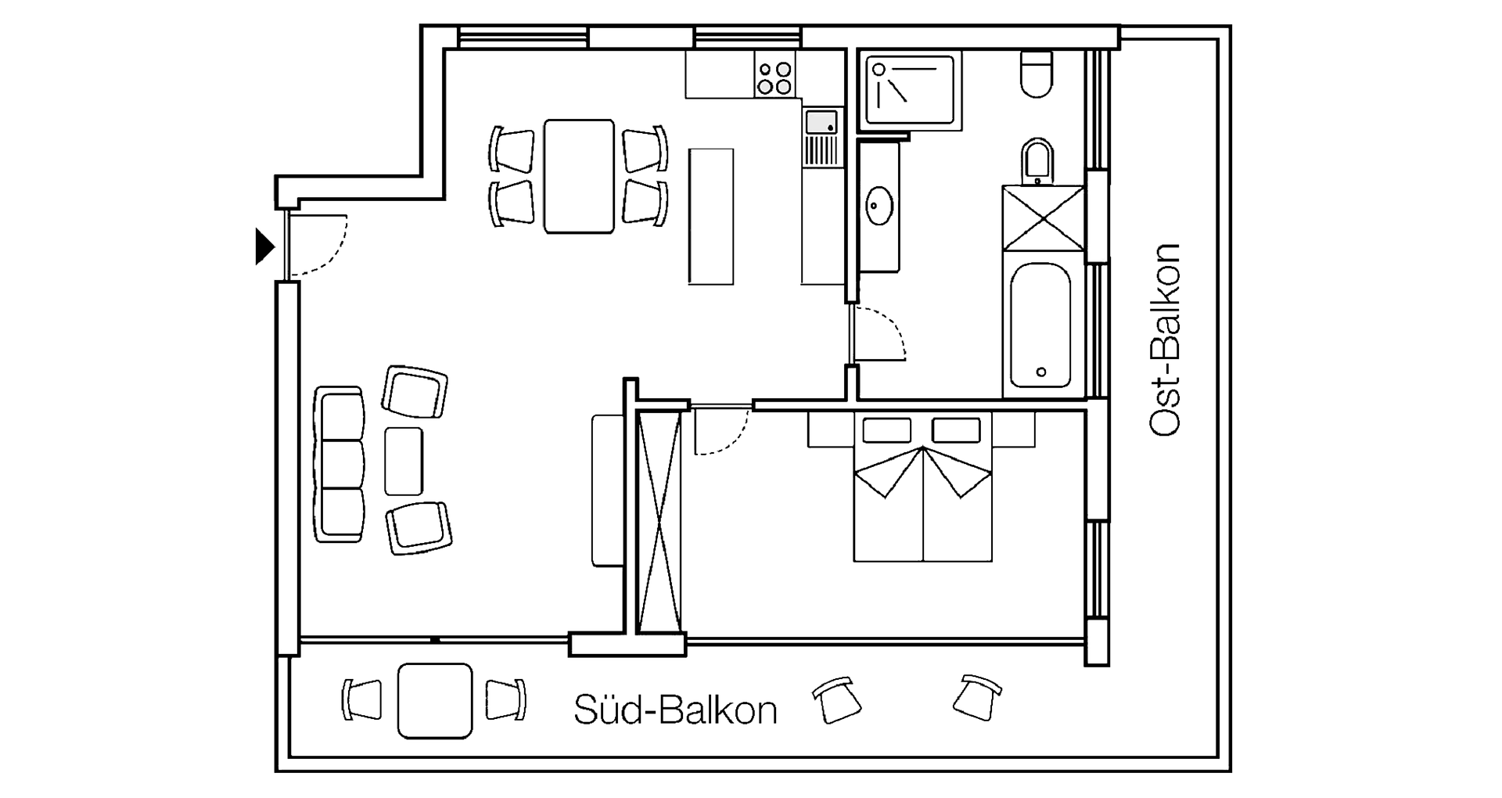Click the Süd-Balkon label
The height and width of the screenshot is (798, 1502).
tap(676, 710)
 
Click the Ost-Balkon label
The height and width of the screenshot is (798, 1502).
tap(1164, 340)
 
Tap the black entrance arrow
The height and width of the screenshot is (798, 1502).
tap(265, 246)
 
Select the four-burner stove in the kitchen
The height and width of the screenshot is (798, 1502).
tap(774, 74)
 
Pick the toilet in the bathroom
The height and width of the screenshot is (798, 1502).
tap(1037, 74)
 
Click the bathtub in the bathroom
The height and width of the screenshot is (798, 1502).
tap(1040, 325)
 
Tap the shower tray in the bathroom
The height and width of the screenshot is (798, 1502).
tap(910, 89)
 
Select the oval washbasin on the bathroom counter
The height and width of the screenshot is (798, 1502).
tap(880, 205)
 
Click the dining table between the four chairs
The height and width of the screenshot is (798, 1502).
tap(579, 176)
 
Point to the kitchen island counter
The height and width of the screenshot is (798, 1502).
tap(711, 216)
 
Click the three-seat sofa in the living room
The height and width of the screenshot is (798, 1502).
tap(340, 464)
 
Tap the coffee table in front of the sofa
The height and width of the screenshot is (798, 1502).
tap(404, 461)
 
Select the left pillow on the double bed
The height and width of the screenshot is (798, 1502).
tap(887, 430)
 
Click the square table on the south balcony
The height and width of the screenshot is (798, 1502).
tap(435, 700)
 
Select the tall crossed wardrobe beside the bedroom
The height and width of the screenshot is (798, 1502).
tap(658, 521)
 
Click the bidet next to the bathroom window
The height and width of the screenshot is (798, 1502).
tap(1038, 160)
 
